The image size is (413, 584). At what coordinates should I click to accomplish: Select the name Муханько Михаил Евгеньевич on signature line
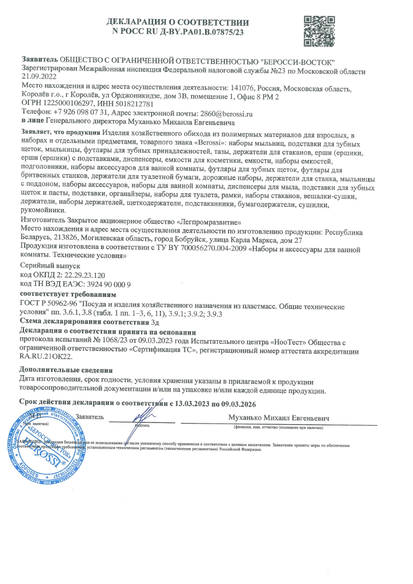click(x=280, y=418)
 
